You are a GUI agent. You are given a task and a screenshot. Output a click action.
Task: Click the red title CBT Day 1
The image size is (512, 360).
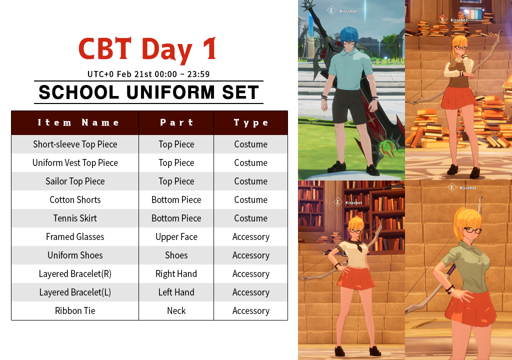[x=147, y=49]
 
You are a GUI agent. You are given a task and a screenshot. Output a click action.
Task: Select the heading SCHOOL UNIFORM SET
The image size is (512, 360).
[x=149, y=92]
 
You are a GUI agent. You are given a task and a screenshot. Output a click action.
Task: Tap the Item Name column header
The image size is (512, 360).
[x=78, y=122]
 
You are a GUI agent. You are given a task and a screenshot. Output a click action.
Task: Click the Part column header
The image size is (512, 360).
[x=176, y=122]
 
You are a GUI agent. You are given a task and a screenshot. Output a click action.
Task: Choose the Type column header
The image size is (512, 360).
[x=251, y=122]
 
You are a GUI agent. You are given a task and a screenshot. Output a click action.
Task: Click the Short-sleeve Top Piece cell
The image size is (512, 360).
[x=75, y=144]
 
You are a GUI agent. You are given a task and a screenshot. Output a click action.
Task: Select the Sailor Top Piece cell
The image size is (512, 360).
[x=75, y=181]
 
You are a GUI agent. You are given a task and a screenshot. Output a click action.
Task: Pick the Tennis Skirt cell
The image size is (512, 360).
[x=75, y=218]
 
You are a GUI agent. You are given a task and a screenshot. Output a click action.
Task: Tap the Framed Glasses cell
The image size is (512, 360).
[x=75, y=236]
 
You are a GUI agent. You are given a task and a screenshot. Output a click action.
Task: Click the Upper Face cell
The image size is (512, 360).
[x=176, y=236]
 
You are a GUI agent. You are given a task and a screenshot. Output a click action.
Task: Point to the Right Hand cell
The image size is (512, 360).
[x=176, y=273]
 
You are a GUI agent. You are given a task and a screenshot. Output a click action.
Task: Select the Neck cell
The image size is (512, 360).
[x=176, y=310]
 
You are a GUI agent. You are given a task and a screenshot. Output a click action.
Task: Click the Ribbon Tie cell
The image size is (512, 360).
[x=75, y=310]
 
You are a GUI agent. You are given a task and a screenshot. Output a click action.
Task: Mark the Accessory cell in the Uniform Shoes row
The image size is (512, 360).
[x=251, y=255]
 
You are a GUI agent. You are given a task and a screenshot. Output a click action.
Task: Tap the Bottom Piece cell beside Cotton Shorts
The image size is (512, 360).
[x=176, y=199]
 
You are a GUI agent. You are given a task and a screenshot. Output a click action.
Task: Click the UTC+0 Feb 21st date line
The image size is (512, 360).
[x=148, y=74]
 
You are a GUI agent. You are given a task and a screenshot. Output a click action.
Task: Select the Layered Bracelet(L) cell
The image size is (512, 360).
[x=75, y=292]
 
